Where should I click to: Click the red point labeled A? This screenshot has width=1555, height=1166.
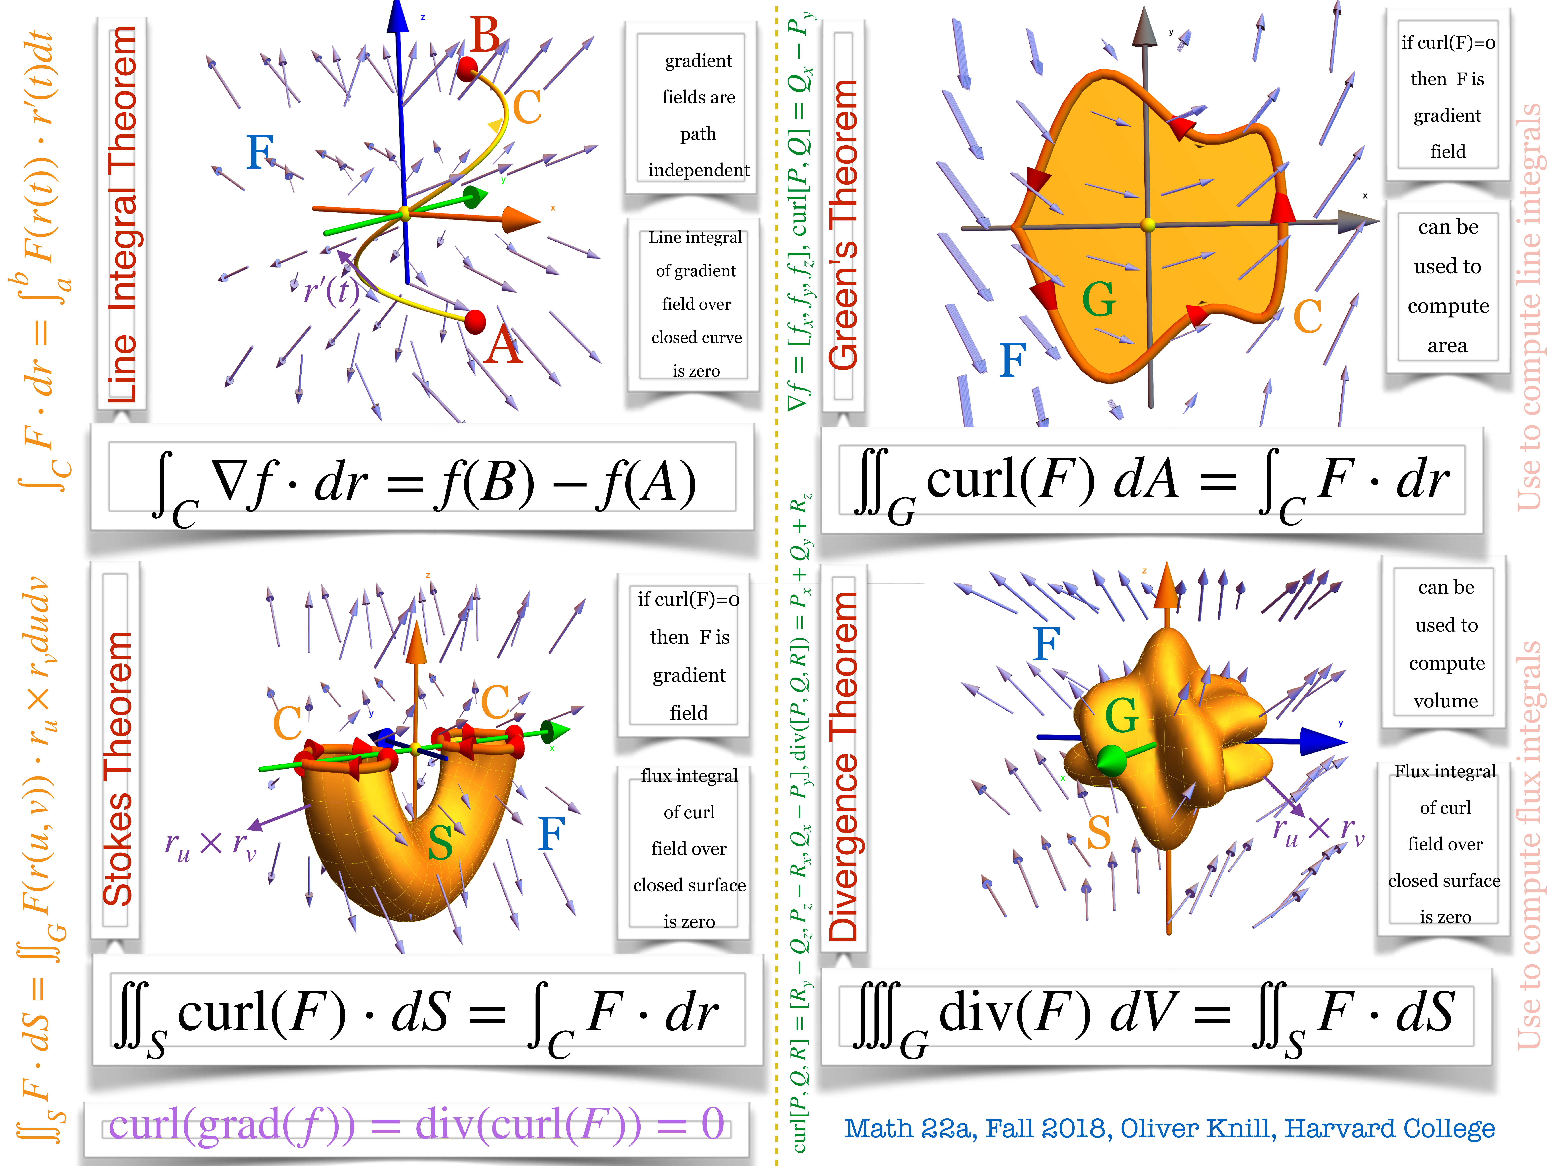click(x=475, y=322)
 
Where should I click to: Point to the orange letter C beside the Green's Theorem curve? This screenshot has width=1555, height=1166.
click(x=1308, y=316)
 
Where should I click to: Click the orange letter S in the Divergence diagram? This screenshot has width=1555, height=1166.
click(x=1099, y=833)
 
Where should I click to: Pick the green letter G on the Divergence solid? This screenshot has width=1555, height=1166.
click(x=1121, y=715)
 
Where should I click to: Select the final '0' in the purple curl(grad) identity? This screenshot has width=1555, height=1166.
click(x=712, y=1124)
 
